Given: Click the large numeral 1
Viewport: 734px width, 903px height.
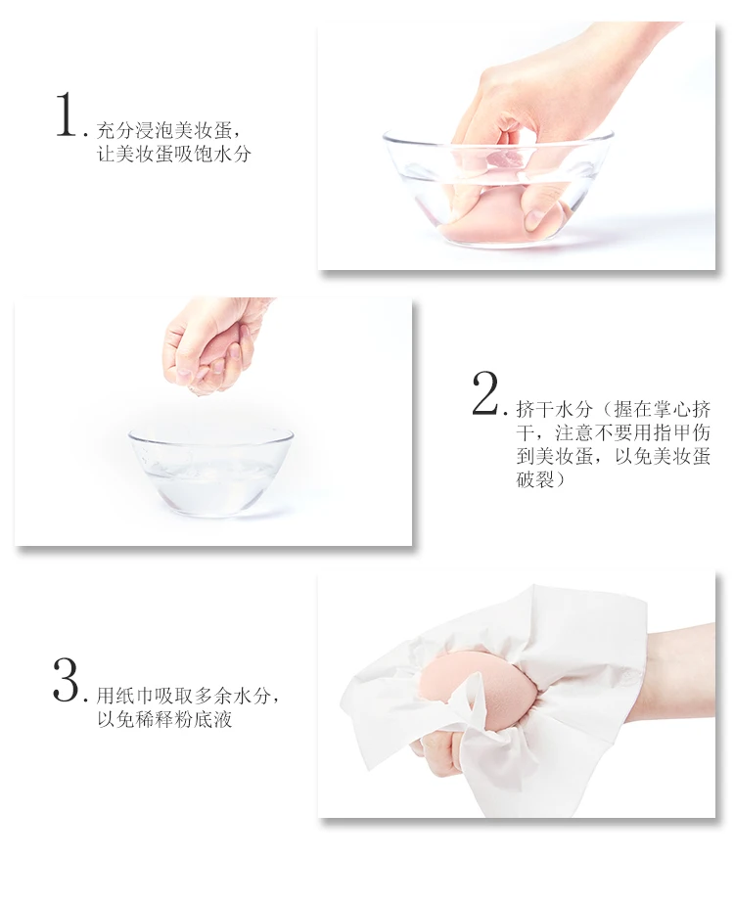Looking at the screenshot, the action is [67, 115].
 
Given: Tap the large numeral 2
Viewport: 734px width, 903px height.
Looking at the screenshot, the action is [485, 393].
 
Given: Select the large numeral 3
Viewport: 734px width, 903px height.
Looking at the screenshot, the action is [66, 680].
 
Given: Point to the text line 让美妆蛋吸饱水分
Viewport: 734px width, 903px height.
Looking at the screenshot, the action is [174, 154].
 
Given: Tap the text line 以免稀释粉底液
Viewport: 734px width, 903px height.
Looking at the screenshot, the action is [164, 719].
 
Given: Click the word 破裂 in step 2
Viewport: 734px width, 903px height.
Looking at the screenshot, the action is [535, 478].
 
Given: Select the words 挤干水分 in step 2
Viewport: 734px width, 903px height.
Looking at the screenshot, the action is [554, 410].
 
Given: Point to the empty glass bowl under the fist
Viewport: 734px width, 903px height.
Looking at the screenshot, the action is [210, 471].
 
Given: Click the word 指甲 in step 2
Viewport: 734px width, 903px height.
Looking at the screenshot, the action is [671, 432].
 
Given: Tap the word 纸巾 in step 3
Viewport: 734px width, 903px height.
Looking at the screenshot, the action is [135, 696].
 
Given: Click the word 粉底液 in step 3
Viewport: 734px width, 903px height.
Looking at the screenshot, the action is [203, 719].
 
